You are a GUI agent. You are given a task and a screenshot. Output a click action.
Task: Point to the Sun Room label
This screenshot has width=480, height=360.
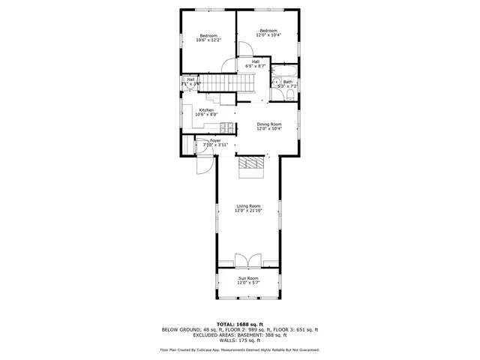coord(248,280)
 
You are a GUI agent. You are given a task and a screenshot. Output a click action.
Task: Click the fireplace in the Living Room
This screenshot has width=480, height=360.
coord(251,166)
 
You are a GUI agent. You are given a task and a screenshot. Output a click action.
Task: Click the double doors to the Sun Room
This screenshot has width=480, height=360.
coord(248,260)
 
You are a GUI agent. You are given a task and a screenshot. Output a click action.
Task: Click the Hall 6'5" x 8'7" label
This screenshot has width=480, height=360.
coord(256,64)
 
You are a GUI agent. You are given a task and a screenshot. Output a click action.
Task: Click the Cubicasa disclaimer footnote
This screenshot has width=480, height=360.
coord(240,349)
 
